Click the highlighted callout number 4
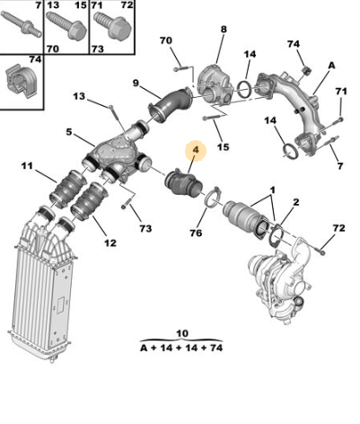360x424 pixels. click(196, 149)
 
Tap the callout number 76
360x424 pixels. click(196, 233)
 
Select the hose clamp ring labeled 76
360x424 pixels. click(213, 198)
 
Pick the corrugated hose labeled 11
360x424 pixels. click(67, 190)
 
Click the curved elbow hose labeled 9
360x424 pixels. click(171, 105)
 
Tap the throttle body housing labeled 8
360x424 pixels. click(216, 86)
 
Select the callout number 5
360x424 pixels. click(69, 132)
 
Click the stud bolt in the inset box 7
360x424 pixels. click(21, 23)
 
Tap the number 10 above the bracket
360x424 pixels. click(182, 333)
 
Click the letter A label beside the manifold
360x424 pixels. click(331, 66)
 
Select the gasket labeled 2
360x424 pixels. click(277, 236)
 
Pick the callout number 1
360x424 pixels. click(272, 190)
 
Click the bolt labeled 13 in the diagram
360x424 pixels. click(116, 119)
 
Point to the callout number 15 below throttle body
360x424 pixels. click(223, 146)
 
